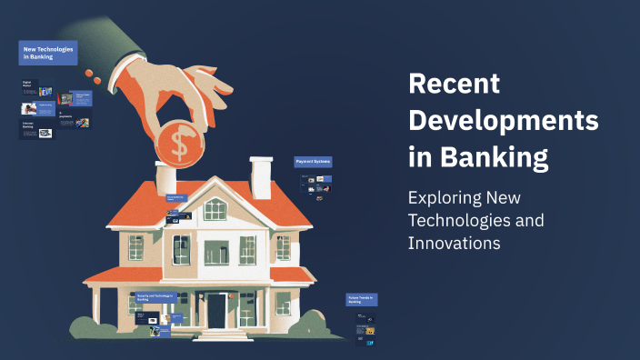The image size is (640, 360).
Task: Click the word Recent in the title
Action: point(455,85)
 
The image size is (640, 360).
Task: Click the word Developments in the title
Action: point(504,121)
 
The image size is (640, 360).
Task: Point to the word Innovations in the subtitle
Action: point(455,244)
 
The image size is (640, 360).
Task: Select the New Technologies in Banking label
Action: point(47,52)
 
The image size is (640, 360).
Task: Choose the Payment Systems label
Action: point(313,162)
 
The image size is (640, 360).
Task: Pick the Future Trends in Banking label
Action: point(362,299)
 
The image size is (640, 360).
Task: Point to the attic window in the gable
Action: point(215,209)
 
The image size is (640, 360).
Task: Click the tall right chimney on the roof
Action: point(261,176)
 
